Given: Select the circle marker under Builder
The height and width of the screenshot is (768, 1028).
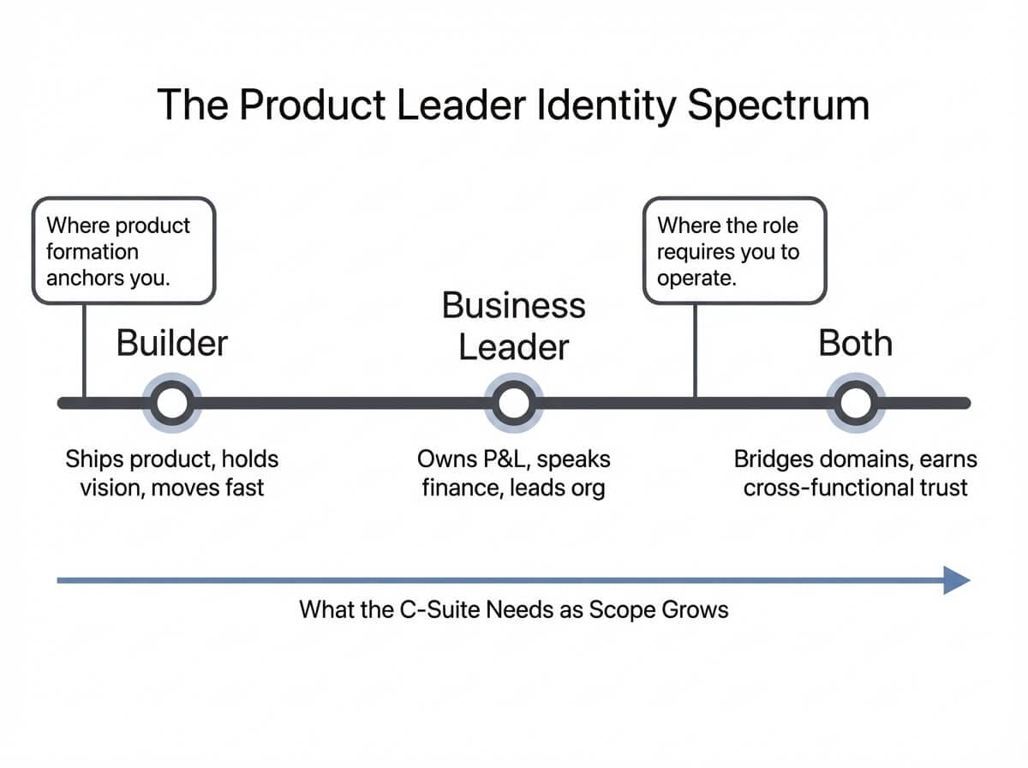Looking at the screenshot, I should [x=172, y=403].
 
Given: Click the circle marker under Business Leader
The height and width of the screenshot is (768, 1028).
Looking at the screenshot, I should [x=513, y=403].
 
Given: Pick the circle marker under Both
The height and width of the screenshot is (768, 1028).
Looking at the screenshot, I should [x=854, y=403].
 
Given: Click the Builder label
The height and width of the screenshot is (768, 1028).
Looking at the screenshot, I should [x=172, y=343].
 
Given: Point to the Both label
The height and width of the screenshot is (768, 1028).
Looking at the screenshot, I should [x=855, y=343].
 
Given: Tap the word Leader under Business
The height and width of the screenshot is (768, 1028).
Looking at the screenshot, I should [x=513, y=347].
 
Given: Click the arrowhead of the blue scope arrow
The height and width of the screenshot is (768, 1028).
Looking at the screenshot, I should [x=956, y=580].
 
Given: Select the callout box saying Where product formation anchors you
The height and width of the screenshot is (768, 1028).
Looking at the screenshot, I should [x=123, y=251].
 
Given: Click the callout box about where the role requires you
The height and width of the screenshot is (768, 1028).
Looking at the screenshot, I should [x=734, y=251].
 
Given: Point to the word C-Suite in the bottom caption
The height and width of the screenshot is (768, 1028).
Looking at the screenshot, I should [x=439, y=610].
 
